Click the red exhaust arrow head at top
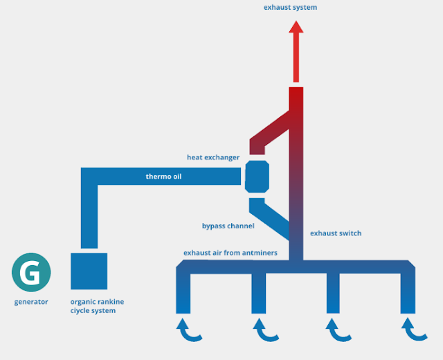click(x=296, y=28)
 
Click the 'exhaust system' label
click(x=290, y=8)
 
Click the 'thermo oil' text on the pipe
click(x=163, y=177)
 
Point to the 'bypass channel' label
click(x=228, y=226)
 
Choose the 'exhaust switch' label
click(x=336, y=233)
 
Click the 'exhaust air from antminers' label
click(x=230, y=253)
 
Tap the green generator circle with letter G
click(x=31, y=273)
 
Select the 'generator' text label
click(x=31, y=302)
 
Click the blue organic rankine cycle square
click(x=89, y=271)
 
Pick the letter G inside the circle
click(x=31, y=273)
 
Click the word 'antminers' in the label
click(x=260, y=253)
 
